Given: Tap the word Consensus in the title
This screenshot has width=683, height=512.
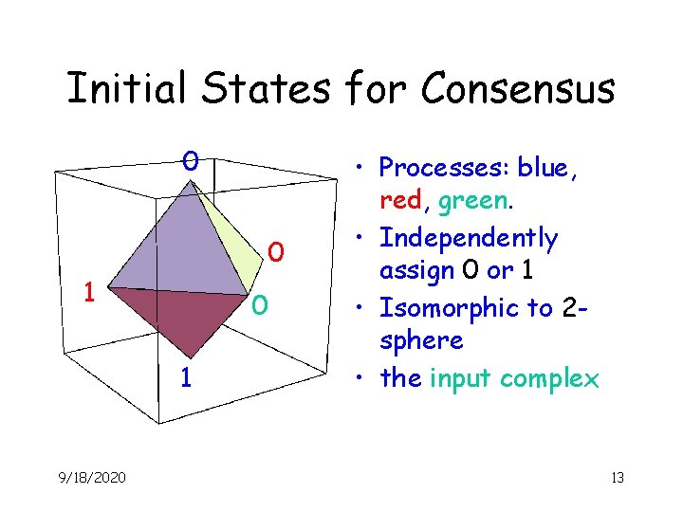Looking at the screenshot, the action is point(518,90).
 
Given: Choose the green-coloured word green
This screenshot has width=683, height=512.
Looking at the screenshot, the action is point(478,202).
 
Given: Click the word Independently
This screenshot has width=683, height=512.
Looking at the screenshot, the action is point(469,237).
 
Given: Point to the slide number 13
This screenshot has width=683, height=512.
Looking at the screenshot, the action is point(617,478).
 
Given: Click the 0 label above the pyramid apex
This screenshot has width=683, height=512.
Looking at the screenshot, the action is point(191,160).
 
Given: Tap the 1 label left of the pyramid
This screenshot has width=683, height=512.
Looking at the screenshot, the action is point(88,290).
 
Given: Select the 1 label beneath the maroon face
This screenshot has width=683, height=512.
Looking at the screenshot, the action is point(188,378).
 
